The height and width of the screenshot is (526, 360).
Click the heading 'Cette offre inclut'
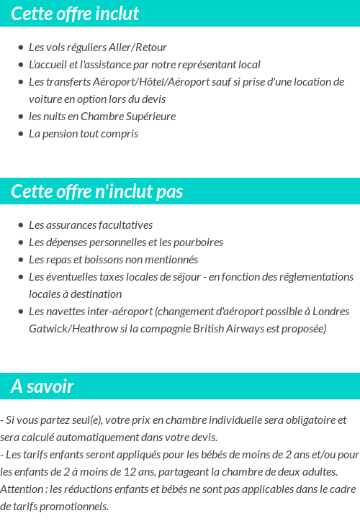coord(75,14)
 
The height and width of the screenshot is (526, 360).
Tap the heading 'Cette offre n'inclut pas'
coord(97,191)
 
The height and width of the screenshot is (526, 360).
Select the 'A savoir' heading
coord(42,386)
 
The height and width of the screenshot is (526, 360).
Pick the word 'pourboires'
coord(198,242)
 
